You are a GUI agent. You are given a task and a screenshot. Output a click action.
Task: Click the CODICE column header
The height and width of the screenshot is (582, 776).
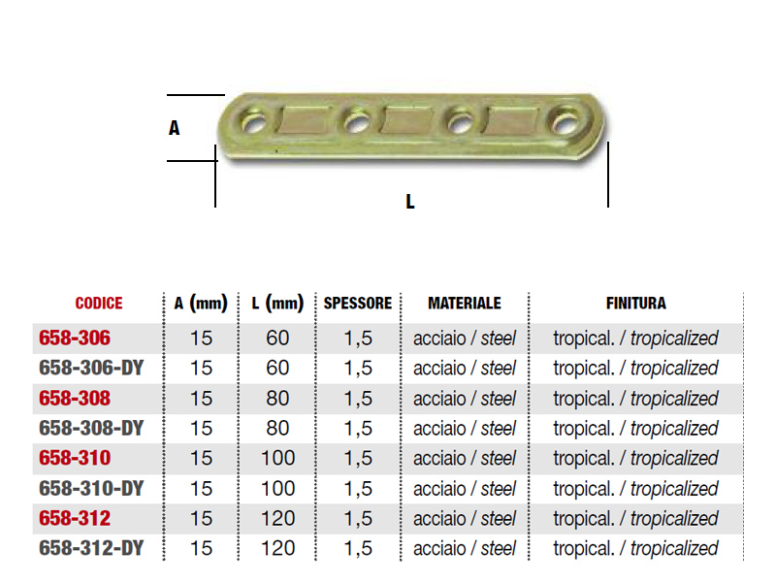click(99, 303)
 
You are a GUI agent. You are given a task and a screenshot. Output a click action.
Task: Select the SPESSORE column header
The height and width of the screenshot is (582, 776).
click(358, 303)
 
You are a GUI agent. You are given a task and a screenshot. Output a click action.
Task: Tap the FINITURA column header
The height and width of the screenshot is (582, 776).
click(636, 303)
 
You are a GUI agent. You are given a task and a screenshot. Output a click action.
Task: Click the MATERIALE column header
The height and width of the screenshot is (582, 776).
click(465, 303)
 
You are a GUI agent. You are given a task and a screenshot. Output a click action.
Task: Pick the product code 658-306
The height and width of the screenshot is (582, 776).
click(75, 338)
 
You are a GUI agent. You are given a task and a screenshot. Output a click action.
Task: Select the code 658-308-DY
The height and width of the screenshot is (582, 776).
click(91, 428)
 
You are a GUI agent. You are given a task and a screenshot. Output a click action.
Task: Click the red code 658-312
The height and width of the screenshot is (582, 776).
click(75, 518)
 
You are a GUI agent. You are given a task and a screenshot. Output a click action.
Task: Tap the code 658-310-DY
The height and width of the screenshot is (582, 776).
click(91, 489)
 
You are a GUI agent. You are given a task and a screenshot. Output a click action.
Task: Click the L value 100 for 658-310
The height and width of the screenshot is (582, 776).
click(277, 458)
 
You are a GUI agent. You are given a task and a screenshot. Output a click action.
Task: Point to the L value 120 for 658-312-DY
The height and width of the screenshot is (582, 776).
click(277, 548)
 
